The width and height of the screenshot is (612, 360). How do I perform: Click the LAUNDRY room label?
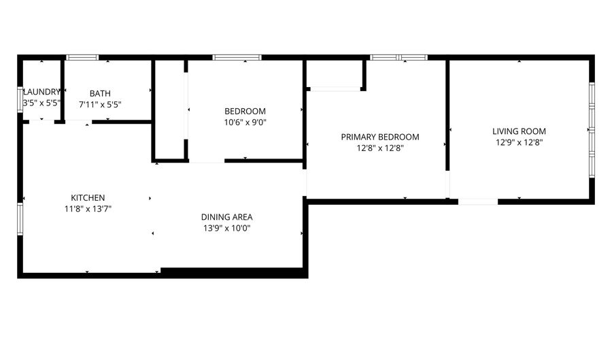pos(41,92)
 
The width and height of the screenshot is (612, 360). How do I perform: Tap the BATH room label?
pos(100,93)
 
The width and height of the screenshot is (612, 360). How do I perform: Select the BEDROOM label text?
pos(245,112)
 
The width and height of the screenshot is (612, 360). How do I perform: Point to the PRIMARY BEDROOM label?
pos(380,137)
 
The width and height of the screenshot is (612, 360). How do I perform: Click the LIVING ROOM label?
pos(519,131)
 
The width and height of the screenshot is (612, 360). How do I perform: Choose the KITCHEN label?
pos(88,198)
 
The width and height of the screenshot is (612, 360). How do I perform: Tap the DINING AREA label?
pos(226,217)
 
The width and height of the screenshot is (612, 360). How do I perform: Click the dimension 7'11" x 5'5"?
pos(100,105)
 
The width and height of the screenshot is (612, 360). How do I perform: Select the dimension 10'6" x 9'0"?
pos(245,122)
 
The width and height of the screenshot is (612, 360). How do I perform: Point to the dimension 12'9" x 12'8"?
pos(519,142)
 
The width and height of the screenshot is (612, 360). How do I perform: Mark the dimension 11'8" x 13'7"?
pos(88,210)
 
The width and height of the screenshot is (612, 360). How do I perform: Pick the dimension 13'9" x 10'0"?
pos(226,229)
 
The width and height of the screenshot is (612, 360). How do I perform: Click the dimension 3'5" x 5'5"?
pos(41,103)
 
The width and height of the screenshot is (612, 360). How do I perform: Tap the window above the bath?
pos(82,57)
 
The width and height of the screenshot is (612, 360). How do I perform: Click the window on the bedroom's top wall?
pos(237,57)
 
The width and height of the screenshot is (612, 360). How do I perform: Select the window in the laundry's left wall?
pos(20,99)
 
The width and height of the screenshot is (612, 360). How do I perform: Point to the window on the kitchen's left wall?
pos(20,218)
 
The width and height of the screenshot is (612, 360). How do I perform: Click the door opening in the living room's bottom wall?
pos(478,202)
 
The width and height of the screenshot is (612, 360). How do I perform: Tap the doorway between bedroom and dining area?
pos(207,161)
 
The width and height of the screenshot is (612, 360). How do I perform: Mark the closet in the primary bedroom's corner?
pos(335,73)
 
